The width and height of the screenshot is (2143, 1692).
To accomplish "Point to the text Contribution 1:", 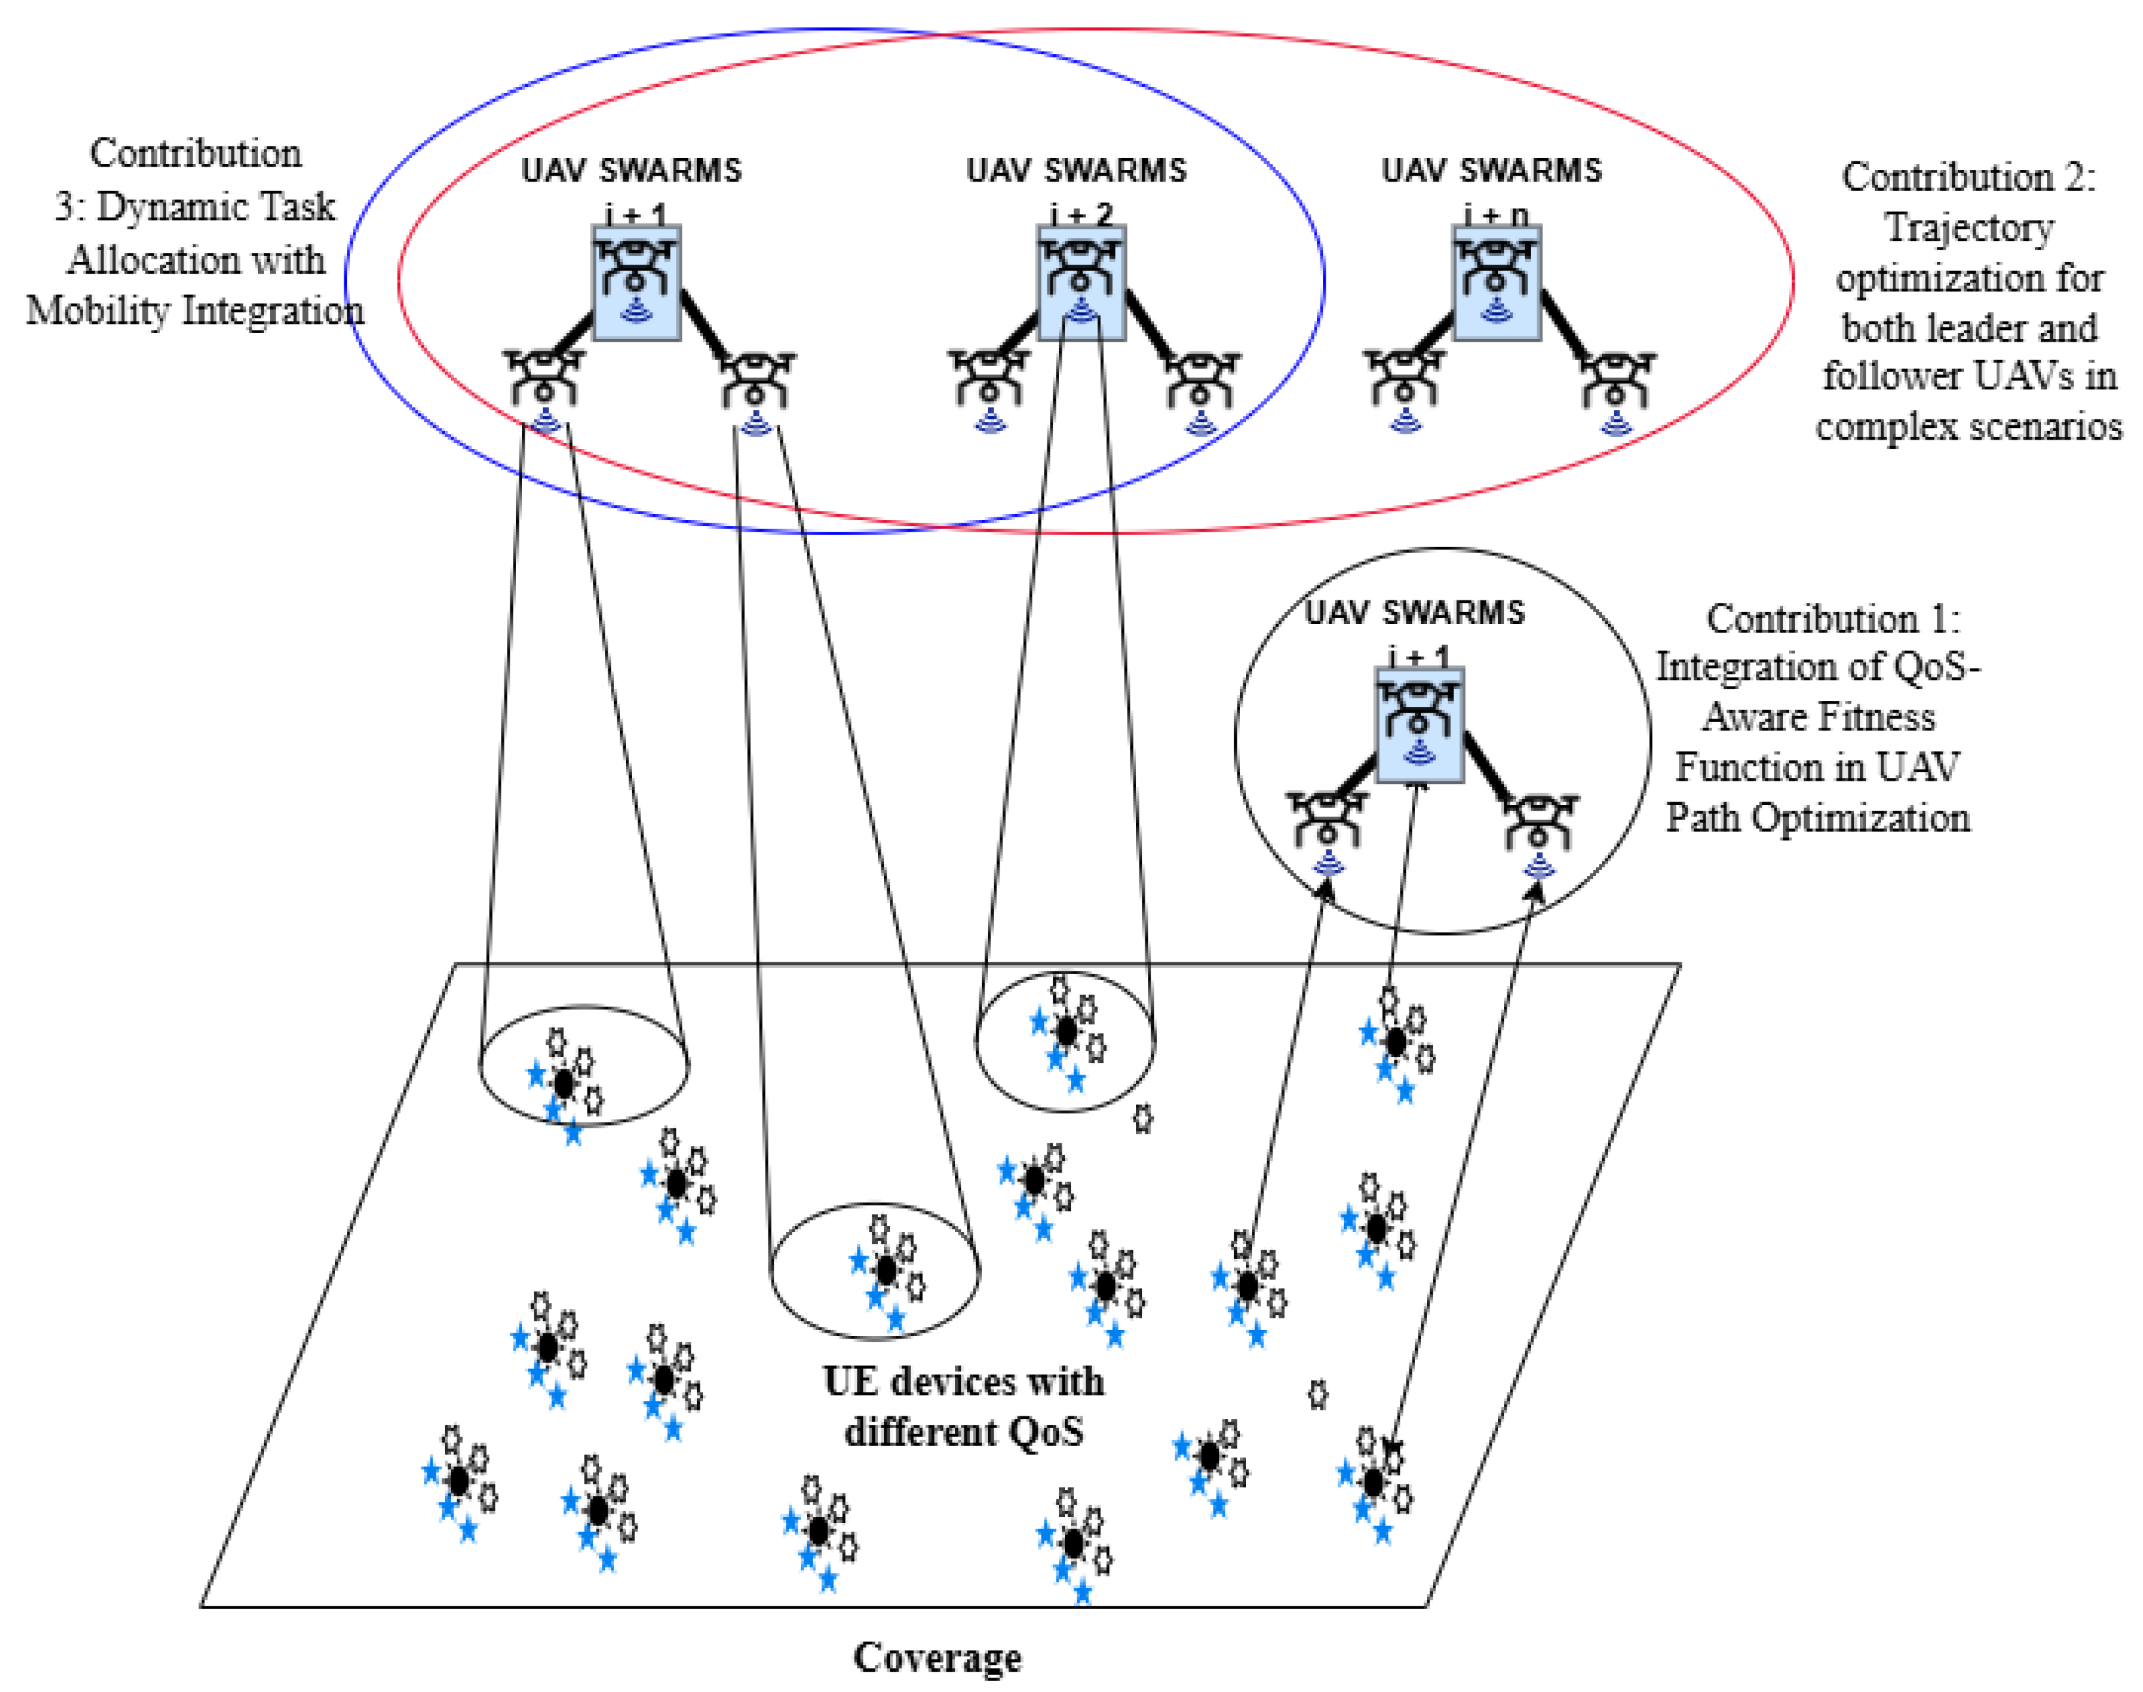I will click(1832, 619).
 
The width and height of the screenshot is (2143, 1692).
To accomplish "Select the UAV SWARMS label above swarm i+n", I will click(1491, 171).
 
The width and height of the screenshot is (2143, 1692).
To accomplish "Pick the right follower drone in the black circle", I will click(1539, 822).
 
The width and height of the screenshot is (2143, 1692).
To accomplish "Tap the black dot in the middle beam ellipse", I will click(886, 1270).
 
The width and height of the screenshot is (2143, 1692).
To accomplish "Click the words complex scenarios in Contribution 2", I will click(1968, 427).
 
